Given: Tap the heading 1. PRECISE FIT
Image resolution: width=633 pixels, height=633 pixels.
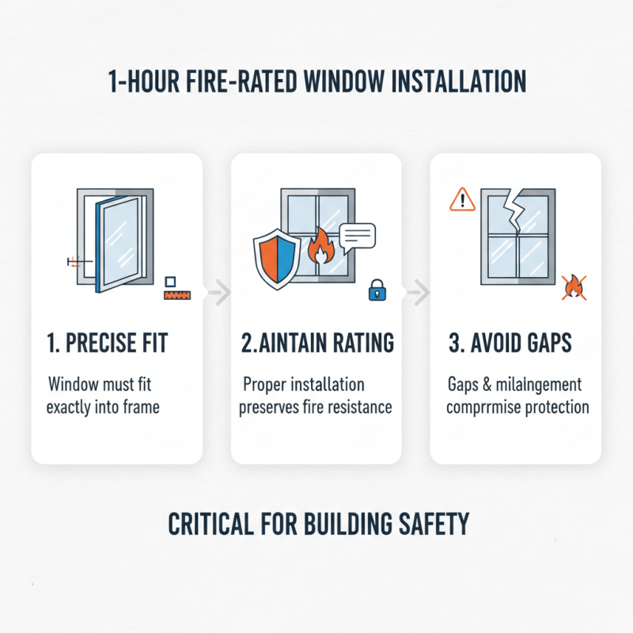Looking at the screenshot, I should point(108,344).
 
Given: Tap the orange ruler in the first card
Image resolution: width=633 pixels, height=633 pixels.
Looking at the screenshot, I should point(178,296).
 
